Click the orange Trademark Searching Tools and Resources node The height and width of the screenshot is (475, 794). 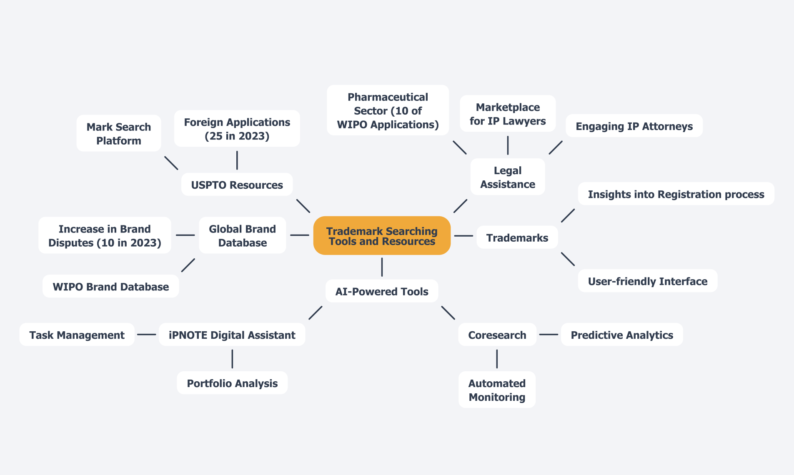(382, 236)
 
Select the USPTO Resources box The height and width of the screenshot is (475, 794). (237, 185)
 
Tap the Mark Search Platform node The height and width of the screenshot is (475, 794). (119, 133)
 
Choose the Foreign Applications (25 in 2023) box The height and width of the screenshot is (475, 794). (237, 129)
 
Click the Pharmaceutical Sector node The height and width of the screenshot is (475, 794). (388, 110)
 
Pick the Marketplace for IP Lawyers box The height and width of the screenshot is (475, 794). (508, 114)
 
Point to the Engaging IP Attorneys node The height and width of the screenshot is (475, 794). (634, 126)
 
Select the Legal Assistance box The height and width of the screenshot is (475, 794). (508, 177)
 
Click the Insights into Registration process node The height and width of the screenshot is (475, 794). (676, 194)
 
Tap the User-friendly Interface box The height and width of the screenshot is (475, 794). (647, 281)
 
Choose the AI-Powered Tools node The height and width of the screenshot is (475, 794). (382, 291)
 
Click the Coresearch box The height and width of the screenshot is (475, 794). (497, 335)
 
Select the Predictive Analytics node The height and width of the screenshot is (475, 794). (621, 335)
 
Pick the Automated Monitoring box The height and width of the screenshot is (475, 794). (497, 390)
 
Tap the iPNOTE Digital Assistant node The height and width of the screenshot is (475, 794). (232, 335)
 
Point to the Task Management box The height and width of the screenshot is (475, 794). (77, 335)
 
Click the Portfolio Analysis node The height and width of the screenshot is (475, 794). (232, 383)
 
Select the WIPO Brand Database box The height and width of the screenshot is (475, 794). (110, 286)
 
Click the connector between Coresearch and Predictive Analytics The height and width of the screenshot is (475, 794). (549, 334)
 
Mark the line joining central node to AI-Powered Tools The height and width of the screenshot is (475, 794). (382, 267)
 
